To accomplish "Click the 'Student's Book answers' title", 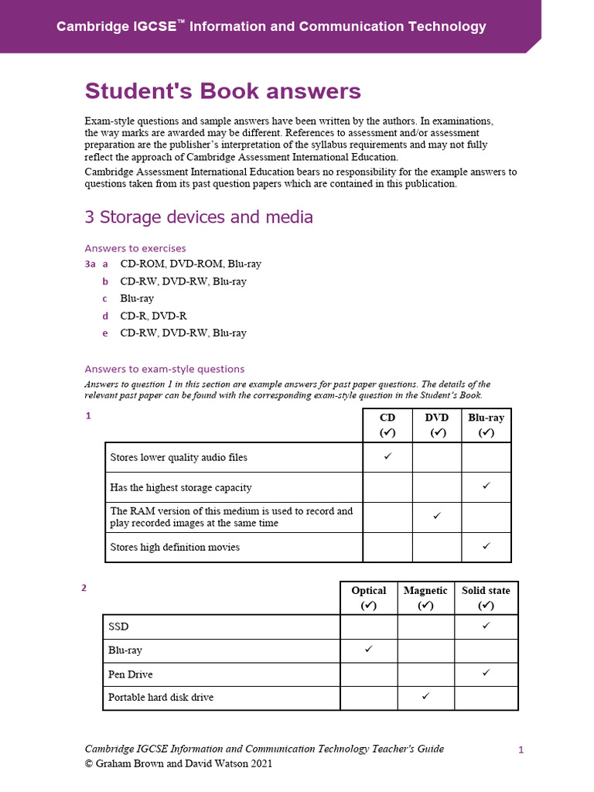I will [x=223, y=91].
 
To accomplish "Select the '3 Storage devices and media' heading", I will [x=199, y=217].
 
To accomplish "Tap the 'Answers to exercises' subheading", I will [x=135, y=248].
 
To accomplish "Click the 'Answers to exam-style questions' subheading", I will [x=164, y=369].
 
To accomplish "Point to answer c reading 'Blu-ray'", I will [x=137, y=299].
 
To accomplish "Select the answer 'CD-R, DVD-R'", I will [x=153, y=316].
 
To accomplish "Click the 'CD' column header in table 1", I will [x=387, y=418].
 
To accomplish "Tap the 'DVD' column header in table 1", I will [x=437, y=418].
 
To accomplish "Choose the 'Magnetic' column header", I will [x=425, y=590].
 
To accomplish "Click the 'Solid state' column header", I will [x=486, y=590].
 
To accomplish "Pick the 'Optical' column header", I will [x=368, y=590].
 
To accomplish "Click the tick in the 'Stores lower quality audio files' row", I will [x=387, y=456].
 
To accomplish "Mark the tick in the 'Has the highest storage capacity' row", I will [x=486, y=486].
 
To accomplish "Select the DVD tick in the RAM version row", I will [x=437, y=516].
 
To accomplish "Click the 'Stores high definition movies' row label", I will [x=175, y=547].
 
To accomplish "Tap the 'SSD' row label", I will [x=118, y=626].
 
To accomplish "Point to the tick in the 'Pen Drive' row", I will [x=486, y=673].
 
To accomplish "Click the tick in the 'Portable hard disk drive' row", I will [x=425, y=696].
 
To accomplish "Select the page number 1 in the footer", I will [x=521, y=749].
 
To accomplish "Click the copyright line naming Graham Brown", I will [x=178, y=763].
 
